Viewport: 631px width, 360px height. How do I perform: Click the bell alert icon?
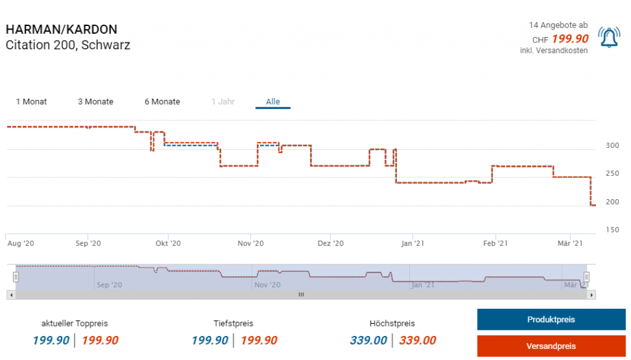[609, 38]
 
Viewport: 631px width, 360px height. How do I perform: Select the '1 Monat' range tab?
[31, 102]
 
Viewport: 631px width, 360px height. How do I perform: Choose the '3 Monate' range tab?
[96, 102]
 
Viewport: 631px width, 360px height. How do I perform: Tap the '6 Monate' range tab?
[162, 102]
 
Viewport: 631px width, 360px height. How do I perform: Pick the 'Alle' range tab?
[272, 102]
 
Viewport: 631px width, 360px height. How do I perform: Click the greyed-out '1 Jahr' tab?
[222, 102]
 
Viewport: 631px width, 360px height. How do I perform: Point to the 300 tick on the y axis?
[612, 145]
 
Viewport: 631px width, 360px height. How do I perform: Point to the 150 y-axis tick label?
[612, 230]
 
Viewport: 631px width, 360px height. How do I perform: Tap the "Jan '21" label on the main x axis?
[413, 243]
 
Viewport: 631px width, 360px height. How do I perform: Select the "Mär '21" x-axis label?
[570, 243]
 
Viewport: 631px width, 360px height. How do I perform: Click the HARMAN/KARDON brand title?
[61, 30]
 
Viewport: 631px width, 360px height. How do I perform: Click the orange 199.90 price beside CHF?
[570, 39]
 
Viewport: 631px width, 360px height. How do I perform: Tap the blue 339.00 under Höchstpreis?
[368, 340]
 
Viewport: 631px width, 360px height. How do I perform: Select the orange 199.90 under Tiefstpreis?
[259, 340]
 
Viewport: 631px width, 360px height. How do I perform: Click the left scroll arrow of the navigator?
[10, 295]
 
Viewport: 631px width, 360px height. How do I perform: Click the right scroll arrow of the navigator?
[592, 295]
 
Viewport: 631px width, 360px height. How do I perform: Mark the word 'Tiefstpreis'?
[233, 324]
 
